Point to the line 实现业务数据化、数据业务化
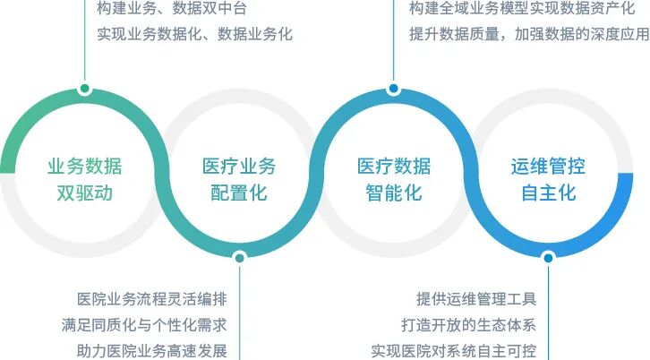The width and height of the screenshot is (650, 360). pos(194,35)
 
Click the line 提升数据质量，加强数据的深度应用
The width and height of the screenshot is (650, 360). pos(528,35)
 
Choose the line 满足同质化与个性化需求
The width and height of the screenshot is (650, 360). pos(150,324)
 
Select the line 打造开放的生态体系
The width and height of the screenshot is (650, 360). pos(468,324)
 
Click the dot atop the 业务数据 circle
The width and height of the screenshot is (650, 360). pos(85,89)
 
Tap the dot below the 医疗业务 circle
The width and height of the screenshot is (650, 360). pos(239,258)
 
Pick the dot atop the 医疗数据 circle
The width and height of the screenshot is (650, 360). pos(393,89)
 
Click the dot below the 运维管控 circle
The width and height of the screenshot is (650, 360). pos(548,258)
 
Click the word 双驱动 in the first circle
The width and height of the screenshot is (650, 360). pos(85,192)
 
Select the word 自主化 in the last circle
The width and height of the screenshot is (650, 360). pos(548,192)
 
